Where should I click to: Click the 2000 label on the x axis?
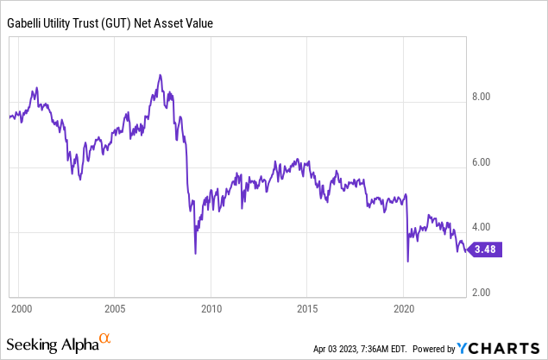pyautogui.click(x=22, y=308)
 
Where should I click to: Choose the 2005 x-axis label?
pyautogui.click(x=117, y=308)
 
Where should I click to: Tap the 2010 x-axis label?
pyautogui.click(x=212, y=308)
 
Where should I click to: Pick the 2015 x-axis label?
pyautogui.click(x=308, y=308)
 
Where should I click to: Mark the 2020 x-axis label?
pyautogui.click(x=404, y=308)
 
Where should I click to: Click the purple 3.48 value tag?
pyautogui.click(x=486, y=250)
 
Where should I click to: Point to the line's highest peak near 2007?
pyautogui.click(x=161, y=75)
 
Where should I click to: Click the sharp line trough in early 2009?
pyautogui.click(x=195, y=253)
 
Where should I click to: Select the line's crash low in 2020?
pyautogui.click(x=407, y=261)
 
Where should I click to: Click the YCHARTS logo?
pyautogui.click(x=498, y=347)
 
